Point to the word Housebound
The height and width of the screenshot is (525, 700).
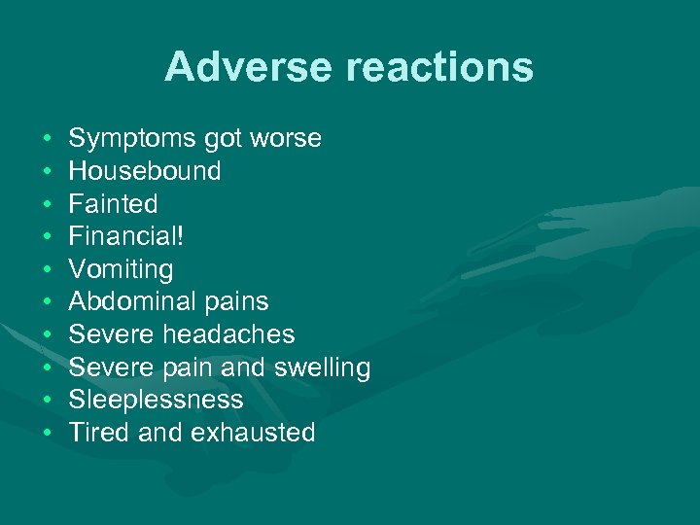145,171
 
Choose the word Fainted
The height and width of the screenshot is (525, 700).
113,204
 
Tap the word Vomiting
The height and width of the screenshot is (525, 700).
121,269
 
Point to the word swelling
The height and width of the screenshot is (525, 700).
322,367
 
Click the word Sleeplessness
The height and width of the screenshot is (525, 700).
156,400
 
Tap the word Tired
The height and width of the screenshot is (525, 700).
100,433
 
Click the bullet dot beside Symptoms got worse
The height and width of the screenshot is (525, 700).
48,139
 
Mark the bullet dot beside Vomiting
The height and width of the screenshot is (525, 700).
48,269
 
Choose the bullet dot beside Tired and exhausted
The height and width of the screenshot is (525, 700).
48,433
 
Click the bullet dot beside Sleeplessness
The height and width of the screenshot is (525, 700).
48,400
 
